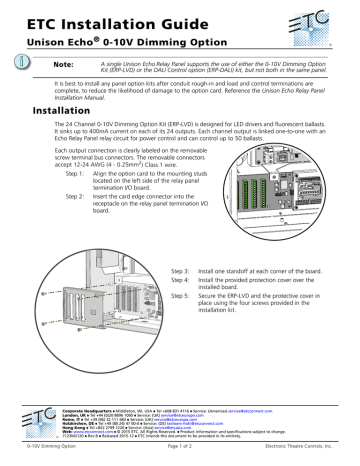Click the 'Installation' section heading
56,112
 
